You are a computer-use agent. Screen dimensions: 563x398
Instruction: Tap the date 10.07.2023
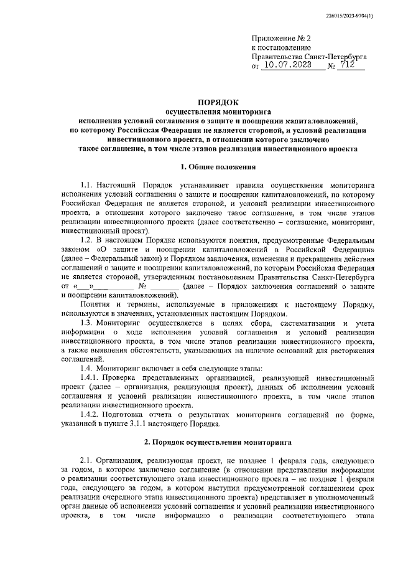pyautogui.click(x=291, y=64)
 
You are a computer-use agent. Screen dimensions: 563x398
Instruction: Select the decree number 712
pyautogui.click(x=351, y=64)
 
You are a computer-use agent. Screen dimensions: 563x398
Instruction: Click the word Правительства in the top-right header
pyautogui.click(x=282, y=55)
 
